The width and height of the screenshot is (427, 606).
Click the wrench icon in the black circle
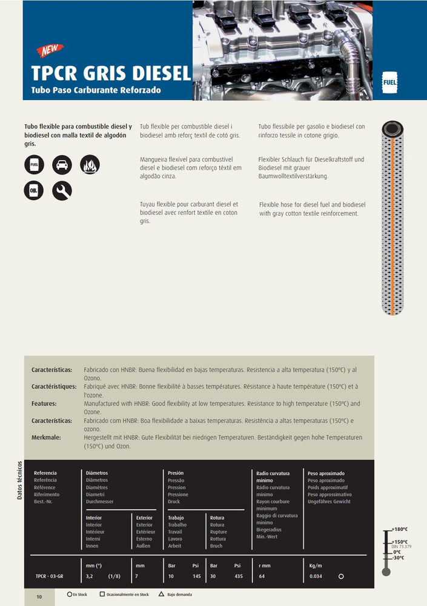[62, 191]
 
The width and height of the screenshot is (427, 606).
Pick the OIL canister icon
[34, 191]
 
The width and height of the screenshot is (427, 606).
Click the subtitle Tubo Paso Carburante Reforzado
[96, 90]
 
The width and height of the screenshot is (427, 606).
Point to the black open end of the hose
[394, 128]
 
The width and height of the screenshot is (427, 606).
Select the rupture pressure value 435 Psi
[238, 576]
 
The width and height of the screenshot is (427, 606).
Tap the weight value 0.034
[316, 576]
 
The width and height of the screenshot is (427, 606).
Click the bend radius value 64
[262, 576]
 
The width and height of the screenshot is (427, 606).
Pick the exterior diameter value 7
[137, 576]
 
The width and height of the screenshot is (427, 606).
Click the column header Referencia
[45, 473]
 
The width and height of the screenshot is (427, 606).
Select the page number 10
[39, 597]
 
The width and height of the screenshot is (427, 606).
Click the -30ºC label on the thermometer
[398, 558]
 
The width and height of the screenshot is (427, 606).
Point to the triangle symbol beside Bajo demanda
[161, 594]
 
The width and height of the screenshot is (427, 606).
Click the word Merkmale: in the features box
[46, 437]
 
